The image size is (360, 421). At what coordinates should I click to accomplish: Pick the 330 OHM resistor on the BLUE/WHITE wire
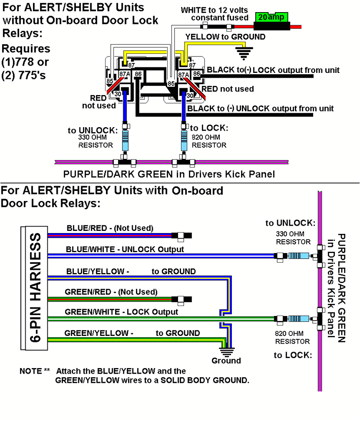[x=297, y=256]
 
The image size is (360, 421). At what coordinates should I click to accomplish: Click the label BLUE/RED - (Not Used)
[x=109, y=228]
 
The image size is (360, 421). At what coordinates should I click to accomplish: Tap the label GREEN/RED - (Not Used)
[x=111, y=292]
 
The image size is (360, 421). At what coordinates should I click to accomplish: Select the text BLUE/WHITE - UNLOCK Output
[x=125, y=249]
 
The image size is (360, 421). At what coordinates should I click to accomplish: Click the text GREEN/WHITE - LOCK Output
[x=121, y=312]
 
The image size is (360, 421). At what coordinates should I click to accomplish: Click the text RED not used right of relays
[x=230, y=89]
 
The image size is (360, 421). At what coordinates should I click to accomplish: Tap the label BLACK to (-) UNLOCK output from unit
[x=261, y=108]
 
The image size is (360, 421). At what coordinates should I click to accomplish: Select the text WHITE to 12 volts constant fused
[x=215, y=13]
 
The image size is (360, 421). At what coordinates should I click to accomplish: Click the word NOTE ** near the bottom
[x=35, y=372]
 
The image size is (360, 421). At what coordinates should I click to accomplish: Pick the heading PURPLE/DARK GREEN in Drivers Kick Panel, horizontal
[x=169, y=174]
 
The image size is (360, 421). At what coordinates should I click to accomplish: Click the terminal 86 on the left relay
[x=138, y=74]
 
